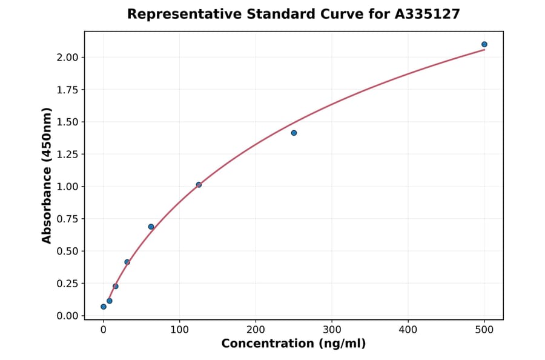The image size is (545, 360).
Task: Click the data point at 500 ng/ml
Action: click(484, 44)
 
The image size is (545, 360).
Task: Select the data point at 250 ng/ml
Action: click(294, 133)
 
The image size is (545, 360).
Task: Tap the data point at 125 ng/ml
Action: click(199, 184)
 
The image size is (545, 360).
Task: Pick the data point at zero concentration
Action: click(104, 307)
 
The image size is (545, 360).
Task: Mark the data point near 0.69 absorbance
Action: click(151, 227)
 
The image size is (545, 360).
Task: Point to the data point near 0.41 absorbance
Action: click(127, 262)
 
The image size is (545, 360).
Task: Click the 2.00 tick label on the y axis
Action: click(67, 58)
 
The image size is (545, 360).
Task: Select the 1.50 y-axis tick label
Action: click(67, 122)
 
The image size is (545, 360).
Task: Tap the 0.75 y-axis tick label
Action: click(67, 219)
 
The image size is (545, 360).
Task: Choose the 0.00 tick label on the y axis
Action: click(67, 316)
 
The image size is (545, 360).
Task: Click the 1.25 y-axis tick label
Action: click(67, 155)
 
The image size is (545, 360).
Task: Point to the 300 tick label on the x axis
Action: click(332, 330)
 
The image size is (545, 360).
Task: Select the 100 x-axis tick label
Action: click(179, 330)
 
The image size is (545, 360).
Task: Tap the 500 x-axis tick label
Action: click(484, 330)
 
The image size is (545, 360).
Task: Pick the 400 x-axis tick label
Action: click(408, 330)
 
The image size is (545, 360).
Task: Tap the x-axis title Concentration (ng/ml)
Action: click(294, 344)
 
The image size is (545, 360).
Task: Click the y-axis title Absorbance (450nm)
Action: click(47, 175)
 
